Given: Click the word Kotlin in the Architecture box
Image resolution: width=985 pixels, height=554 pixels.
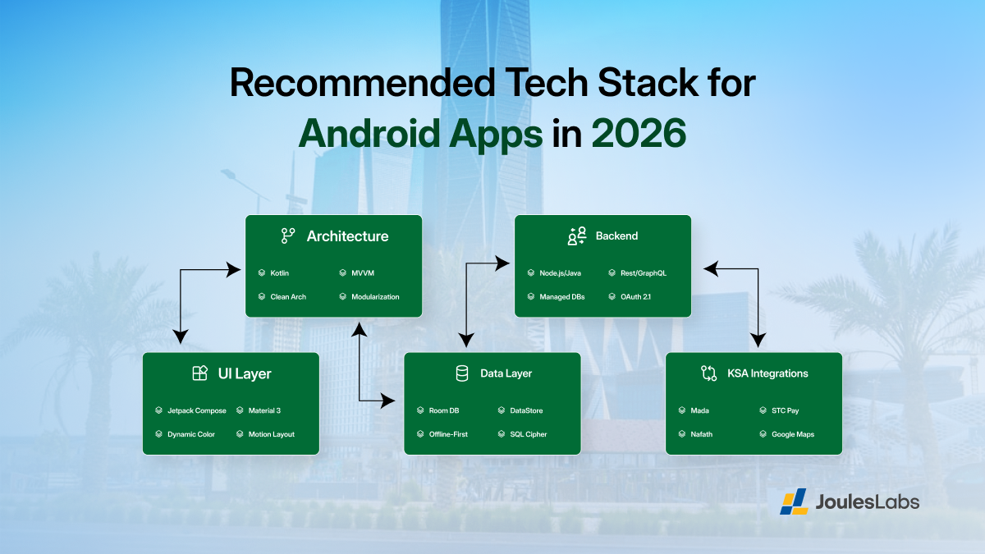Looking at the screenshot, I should click(x=279, y=272).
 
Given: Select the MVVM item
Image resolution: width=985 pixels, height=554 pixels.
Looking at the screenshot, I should click(x=362, y=272).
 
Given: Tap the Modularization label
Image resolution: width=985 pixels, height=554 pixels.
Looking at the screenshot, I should click(x=375, y=296).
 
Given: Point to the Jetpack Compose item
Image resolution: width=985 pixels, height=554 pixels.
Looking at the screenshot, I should click(x=196, y=410).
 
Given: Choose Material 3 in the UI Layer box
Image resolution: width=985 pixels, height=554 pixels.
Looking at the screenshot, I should click(x=264, y=410).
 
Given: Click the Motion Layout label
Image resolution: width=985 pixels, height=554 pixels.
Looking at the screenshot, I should click(x=271, y=434).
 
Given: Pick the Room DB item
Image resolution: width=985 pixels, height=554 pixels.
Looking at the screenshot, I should click(x=444, y=410).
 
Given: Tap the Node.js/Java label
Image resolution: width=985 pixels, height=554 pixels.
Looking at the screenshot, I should click(x=560, y=272).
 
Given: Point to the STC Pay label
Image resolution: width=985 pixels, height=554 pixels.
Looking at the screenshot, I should click(x=785, y=410).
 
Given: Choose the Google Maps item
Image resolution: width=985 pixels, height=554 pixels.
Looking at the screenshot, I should click(x=793, y=434).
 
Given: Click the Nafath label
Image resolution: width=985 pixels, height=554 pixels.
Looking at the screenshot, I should click(x=701, y=434).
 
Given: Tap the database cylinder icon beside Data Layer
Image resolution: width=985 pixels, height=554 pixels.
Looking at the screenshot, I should click(x=461, y=373).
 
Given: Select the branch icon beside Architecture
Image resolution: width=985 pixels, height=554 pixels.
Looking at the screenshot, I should click(x=288, y=236).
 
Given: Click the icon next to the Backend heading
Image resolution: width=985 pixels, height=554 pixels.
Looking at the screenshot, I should click(x=576, y=236).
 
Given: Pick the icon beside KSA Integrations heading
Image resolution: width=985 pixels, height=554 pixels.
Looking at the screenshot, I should click(x=708, y=373).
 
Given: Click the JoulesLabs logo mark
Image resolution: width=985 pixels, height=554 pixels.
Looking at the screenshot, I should click(x=794, y=501).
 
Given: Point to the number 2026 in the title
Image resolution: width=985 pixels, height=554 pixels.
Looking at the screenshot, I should click(x=638, y=132).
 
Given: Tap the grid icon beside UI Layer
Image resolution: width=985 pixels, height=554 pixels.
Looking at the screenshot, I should click(x=199, y=373).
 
